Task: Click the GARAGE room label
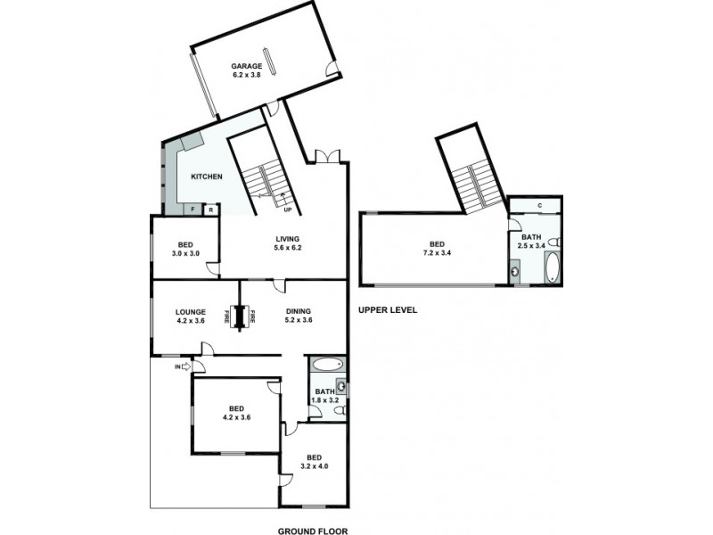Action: tap(246, 66)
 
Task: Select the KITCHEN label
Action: tap(206, 177)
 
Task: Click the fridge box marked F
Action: tap(193, 210)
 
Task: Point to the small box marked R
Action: tap(210, 210)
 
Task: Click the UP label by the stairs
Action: tap(287, 210)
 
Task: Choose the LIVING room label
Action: tap(287, 238)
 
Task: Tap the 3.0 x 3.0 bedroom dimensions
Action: tap(185, 253)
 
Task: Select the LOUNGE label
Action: tap(191, 311)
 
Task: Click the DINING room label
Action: tap(298, 311)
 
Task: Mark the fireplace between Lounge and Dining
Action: tap(237, 316)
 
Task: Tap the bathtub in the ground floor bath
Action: tap(328, 365)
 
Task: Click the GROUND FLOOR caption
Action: tap(312, 530)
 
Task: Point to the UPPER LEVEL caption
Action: tap(388, 310)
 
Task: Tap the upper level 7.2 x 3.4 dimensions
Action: tap(436, 252)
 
